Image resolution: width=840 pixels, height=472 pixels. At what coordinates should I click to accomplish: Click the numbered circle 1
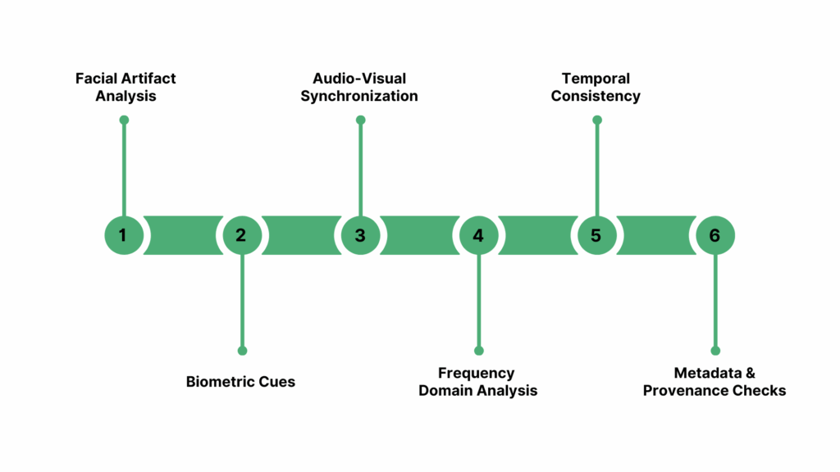pyautogui.click(x=124, y=235)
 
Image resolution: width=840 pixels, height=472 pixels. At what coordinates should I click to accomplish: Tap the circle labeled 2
pyautogui.click(x=242, y=235)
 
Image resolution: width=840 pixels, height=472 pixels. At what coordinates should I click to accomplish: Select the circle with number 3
pyautogui.click(x=360, y=235)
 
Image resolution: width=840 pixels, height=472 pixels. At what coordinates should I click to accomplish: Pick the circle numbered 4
pyautogui.click(x=478, y=235)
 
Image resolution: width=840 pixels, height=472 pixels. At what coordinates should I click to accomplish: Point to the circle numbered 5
pyautogui.click(x=596, y=235)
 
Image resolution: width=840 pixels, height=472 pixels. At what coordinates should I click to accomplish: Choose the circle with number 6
pyautogui.click(x=714, y=235)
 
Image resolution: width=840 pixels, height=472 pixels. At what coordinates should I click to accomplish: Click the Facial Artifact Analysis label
pyautogui.click(x=126, y=87)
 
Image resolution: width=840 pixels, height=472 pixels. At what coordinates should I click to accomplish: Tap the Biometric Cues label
pyautogui.click(x=240, y=381)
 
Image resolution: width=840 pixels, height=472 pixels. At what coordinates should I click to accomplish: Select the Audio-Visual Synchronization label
pyautogui.click(x=359, y=87)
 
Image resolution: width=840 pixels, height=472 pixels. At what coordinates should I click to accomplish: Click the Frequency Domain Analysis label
pyautogui.click(x=478, y=382)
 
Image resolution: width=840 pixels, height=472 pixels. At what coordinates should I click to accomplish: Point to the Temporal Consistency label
pyautogui.click(x=596, y=87)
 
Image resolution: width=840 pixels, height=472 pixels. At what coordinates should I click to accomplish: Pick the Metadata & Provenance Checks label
pyautogui.click(x=714, y=382)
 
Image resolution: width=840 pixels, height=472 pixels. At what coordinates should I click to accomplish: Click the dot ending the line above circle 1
pyautogui.click(x=124, y=120)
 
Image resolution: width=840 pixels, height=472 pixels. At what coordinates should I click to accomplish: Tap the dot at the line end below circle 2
pyautogui.click(x=242, y=351)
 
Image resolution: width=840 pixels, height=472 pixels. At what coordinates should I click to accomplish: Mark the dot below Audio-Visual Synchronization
pyautogui.click(x=360, y=120)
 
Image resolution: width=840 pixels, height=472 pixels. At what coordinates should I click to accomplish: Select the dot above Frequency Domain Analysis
pyautogui.click(x=479, y=351)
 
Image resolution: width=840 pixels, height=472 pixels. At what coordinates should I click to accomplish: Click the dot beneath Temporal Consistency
pyautogui.click(x=597, y=120)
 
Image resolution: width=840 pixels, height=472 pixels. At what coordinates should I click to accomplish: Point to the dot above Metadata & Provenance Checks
pyautogui.click(x=715, y=351)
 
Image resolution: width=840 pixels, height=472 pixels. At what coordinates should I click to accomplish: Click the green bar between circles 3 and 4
pyautogui.click(x=419, y=235)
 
